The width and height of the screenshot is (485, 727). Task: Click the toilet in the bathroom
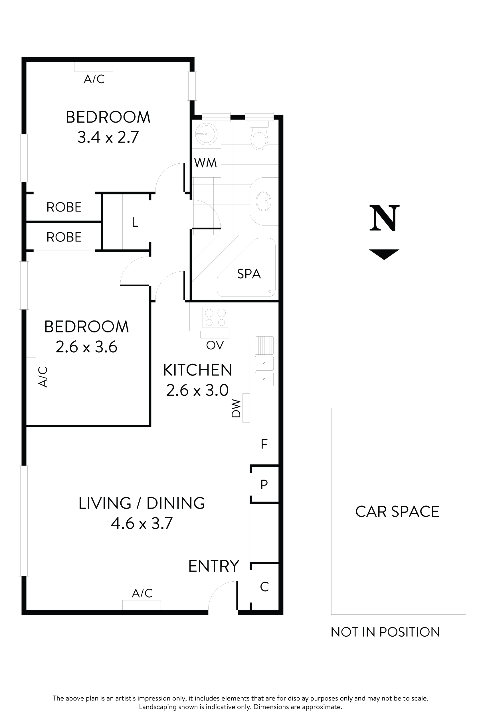(x=259, y=137)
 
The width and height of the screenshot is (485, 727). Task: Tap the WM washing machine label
(x=205, y=163)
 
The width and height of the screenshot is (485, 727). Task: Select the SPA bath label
(x=249, y=274)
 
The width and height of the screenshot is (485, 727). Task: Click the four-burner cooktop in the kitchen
(x=215, y=317)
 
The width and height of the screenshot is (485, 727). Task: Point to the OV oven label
(x=215, y=345)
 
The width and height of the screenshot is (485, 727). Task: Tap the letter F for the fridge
(x=264, y=444)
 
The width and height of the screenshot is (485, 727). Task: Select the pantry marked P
(x=264, y=484)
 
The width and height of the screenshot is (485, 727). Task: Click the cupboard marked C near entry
(x=264, y=586)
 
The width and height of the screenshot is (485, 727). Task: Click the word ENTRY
(x=214, y=566)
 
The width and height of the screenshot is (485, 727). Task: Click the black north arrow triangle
(x=384, y=253)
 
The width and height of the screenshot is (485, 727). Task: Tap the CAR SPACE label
(x=397, y=511)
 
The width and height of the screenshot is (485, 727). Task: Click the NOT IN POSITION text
(x=385, y=632)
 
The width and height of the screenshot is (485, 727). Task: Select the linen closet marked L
(x=135, y=222)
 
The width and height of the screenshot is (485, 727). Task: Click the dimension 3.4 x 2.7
(x=108, y=137)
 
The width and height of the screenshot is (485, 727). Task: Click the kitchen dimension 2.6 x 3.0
(x=197, y=390)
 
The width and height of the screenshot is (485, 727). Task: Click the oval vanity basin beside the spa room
(x=264, y=201)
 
